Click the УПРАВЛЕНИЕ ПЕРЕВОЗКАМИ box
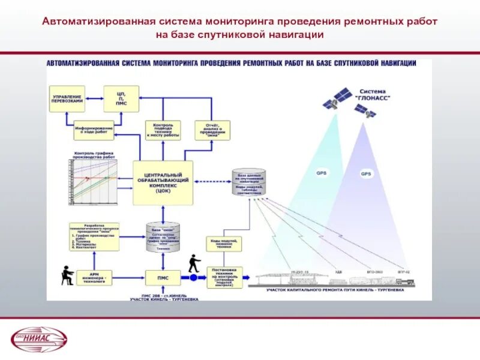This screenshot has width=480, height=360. click(67, 99)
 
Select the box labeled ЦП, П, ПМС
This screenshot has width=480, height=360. click(121, 98)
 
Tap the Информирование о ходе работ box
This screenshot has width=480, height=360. click(94, 130)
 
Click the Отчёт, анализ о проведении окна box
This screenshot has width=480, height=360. click(212, 130)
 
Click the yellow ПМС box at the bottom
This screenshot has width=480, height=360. click(163, 277)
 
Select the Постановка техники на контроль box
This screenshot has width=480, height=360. click(224, 277)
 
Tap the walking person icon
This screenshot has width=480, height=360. click(193, 263)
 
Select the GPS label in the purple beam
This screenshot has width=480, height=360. click(366, 174)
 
